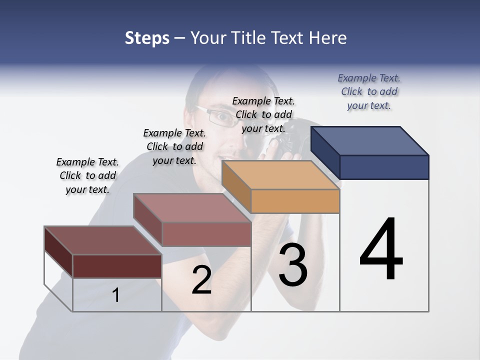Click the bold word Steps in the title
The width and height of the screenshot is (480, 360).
click(147, 38)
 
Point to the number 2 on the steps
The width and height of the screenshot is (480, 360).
click(201, 280)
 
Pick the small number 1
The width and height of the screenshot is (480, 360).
click(115, 295)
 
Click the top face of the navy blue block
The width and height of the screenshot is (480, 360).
click(370, 140)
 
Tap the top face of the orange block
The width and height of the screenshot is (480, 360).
click(280, 175)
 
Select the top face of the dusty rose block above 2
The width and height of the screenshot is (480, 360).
click(192, 207)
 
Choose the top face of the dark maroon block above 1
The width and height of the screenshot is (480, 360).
click(103, 240)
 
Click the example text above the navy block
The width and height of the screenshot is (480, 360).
click(369, 91)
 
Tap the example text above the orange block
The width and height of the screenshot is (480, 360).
click(263, 114)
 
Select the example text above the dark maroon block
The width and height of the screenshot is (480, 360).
click(87, 175)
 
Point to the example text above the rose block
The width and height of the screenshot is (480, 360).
click(174, 146)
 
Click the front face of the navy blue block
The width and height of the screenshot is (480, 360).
click(384, 167)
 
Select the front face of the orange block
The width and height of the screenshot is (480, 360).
click(295, 201)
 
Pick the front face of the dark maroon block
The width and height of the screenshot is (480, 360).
click(117, 266)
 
